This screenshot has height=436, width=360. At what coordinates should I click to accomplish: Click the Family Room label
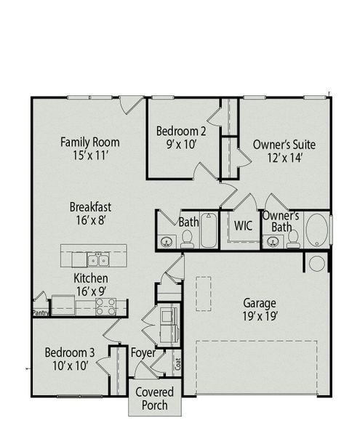[x=89, y=142]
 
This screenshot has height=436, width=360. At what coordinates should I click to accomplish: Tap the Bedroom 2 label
[x=181, y=132]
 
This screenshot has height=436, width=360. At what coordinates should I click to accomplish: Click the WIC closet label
[x=243, y=225]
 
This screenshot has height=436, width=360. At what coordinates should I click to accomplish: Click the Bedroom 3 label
[x=70, y=353]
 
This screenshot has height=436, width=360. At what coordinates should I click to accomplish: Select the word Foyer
[x=143, y=353]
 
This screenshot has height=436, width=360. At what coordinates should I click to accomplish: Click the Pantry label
[x=40, y=313]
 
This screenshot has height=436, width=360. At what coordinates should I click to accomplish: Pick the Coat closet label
[x=178, y=363]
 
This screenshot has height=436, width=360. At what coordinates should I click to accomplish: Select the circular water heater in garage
[x=317, y=264]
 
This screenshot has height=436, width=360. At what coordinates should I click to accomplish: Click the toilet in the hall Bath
[x=187, y=237]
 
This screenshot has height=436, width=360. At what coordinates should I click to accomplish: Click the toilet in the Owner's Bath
[x=293, y=238]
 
